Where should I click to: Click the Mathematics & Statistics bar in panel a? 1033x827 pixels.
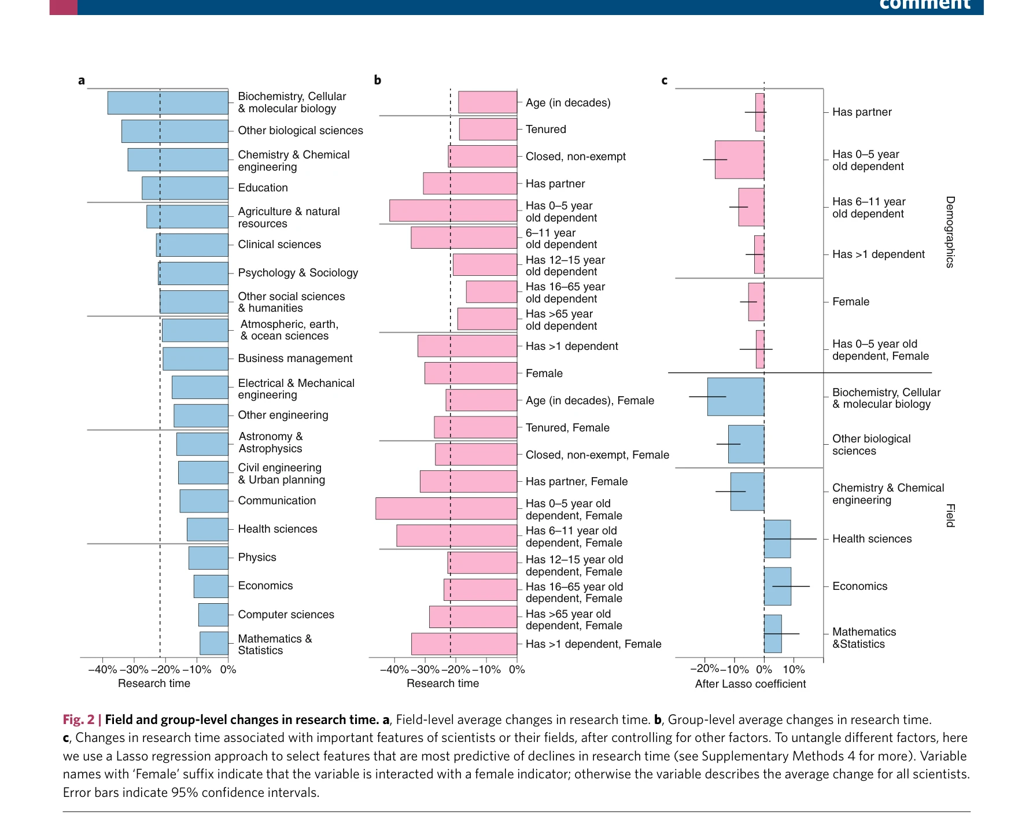click(214, 643)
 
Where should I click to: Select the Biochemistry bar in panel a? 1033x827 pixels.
click(168, 103)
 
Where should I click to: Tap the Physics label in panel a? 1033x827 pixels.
click(257, 558)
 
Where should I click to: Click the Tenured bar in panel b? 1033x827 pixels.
click(488, 130)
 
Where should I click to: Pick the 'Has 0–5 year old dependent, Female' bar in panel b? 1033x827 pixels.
click(446, 509)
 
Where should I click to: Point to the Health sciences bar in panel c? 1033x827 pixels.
click(777, 539)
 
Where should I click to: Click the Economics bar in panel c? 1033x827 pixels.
click(777, 586)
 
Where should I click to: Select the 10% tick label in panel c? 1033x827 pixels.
click(794, 670)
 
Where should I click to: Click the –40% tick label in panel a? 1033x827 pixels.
click(102, 670)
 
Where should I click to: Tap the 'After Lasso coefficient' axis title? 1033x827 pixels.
click(750, 684)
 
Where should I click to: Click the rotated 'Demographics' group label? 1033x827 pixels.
click(950, 232)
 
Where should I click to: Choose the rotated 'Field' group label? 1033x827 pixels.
click(950, 515)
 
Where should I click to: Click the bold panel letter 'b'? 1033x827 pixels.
click(378, 80)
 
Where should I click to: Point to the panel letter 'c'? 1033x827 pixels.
click(665, 81)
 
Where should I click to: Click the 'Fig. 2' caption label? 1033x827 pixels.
click(78, 720)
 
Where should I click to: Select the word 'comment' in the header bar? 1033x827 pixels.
click(924, 5)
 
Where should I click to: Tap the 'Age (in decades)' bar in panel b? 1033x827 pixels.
click(488, 102)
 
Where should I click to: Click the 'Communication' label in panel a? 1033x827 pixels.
click(276, 501)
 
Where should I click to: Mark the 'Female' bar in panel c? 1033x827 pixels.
click(756, 302)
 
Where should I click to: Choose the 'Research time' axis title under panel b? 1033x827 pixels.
click(442, 684)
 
